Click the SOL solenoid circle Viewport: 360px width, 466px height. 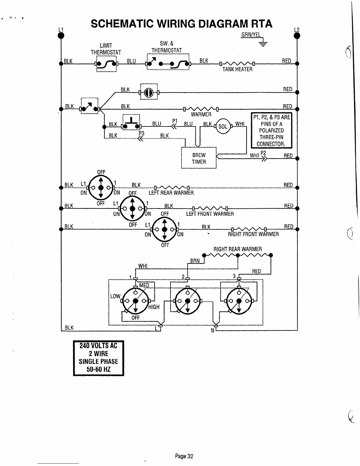click(x=223, y=127)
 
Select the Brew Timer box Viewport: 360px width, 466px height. click(x=199, y=158)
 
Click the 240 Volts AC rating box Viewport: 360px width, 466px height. click(x=98, y=358)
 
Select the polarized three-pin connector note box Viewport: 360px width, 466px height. click(x=271, y=130)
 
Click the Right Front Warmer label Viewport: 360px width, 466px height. click(x=253, y=234)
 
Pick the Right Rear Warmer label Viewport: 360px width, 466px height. click(x=237, y=249)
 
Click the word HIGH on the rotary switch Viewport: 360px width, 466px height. click(x=154, y=307)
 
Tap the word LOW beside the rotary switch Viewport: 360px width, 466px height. click(x=115, y=296)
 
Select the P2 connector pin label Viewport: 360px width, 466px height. click(x=263, y=153)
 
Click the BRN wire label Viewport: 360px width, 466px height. click(x=195, y=261)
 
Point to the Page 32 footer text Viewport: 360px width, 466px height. click(x=184, y=456)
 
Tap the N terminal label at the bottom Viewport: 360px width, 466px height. click(x=212, y=330)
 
